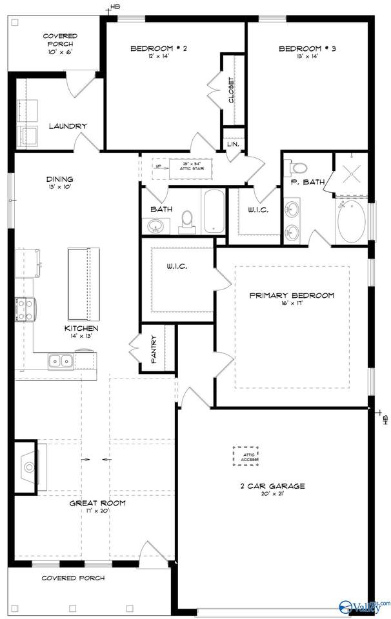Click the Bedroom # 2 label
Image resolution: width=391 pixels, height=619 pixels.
(x=159, y=48)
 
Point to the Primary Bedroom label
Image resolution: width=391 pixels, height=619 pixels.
(x=292, y=295)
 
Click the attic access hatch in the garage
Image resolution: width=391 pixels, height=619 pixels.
(x=245, y=457)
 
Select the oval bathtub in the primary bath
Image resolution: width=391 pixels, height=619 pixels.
(x=351, y=221)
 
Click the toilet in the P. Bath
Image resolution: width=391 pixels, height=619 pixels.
(x=298, y=168)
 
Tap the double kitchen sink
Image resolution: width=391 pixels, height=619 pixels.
(x=60, y=361)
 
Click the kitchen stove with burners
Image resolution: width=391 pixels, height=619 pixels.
(x=25, y=309)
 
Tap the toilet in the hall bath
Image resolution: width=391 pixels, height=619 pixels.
(x=187, y=221)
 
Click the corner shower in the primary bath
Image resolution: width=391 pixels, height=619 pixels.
(x=351, y=173)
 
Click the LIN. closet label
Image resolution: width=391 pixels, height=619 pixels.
(x=233, y=144)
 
